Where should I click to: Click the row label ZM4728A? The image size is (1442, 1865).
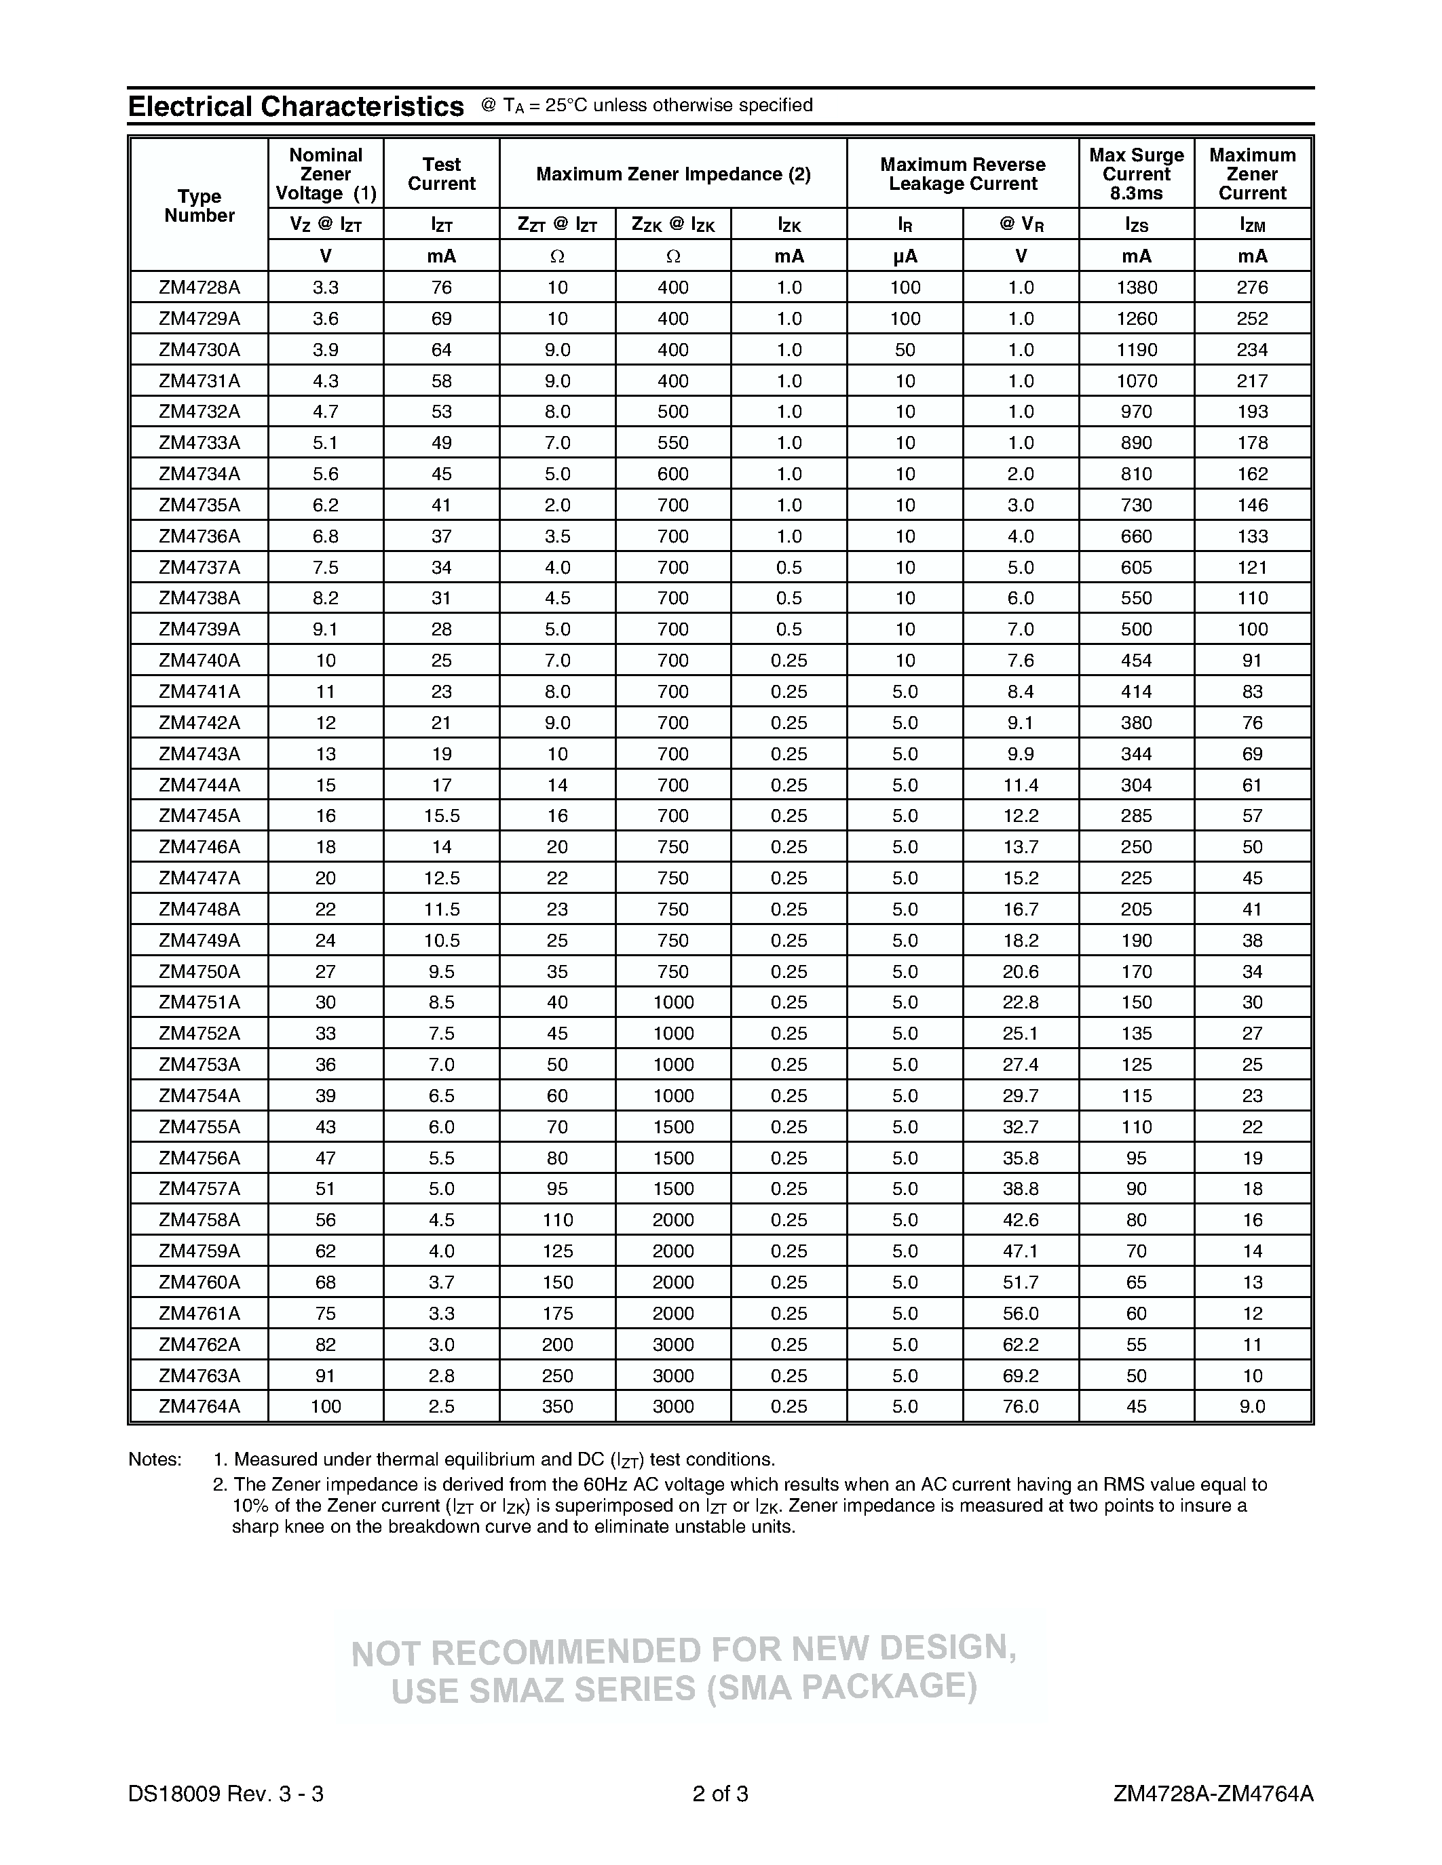tap(199, 288)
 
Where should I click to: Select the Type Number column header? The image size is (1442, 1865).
tap(199, 205)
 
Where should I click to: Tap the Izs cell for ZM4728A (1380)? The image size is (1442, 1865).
tap(1136, 288)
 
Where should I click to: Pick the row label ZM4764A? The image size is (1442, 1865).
tap(199, 1407)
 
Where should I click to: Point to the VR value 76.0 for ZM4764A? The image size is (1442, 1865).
tap(1021, 1407)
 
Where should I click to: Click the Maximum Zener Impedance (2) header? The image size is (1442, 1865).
tap(673, 174)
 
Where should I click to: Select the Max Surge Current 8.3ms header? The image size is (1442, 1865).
tap(1136, 174)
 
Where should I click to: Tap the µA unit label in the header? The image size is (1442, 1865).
tap(905, 256)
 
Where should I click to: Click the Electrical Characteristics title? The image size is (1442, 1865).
tap(296, 106)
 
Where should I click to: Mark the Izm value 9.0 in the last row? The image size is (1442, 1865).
tap(1253, 1407)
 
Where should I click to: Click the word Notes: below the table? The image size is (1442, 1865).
tap(155, 1459)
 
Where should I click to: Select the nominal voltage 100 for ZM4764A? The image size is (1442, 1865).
tap(326, 1407)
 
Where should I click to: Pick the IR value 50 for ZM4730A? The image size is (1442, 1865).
tap(905, 350)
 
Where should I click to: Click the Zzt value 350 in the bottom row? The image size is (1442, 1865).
tap(557, 1407)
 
